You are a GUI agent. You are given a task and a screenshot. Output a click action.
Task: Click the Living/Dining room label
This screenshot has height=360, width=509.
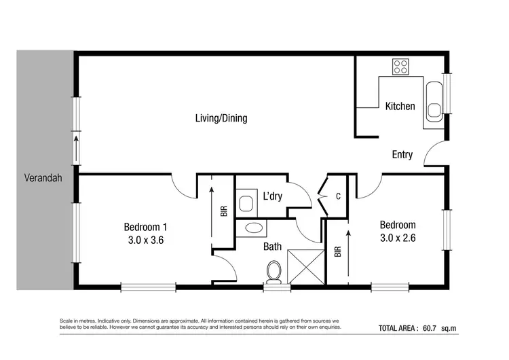[221, 118]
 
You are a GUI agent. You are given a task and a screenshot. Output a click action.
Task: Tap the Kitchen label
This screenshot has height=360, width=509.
[400, 106]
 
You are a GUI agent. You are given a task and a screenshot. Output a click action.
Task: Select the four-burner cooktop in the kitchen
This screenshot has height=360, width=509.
[400, 67]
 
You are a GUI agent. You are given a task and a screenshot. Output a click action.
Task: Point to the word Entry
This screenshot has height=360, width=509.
[402, 155]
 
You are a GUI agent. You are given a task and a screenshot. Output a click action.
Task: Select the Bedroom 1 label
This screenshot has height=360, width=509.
[145, 227]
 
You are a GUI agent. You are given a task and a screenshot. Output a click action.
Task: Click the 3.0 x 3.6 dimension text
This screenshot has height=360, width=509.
[145, 240]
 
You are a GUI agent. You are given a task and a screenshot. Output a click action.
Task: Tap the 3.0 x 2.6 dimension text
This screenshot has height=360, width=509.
[397, 238]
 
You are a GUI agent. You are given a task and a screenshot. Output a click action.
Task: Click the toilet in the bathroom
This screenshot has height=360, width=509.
[274, 272]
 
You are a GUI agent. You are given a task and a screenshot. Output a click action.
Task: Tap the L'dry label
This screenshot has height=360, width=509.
[273, 197]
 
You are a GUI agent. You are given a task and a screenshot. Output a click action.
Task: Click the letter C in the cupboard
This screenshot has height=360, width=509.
[337, 197]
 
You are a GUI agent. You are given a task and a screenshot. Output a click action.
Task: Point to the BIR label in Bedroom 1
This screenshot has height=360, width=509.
[224, 211]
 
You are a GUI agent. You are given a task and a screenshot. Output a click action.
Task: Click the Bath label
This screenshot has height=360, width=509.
[273, 247]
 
